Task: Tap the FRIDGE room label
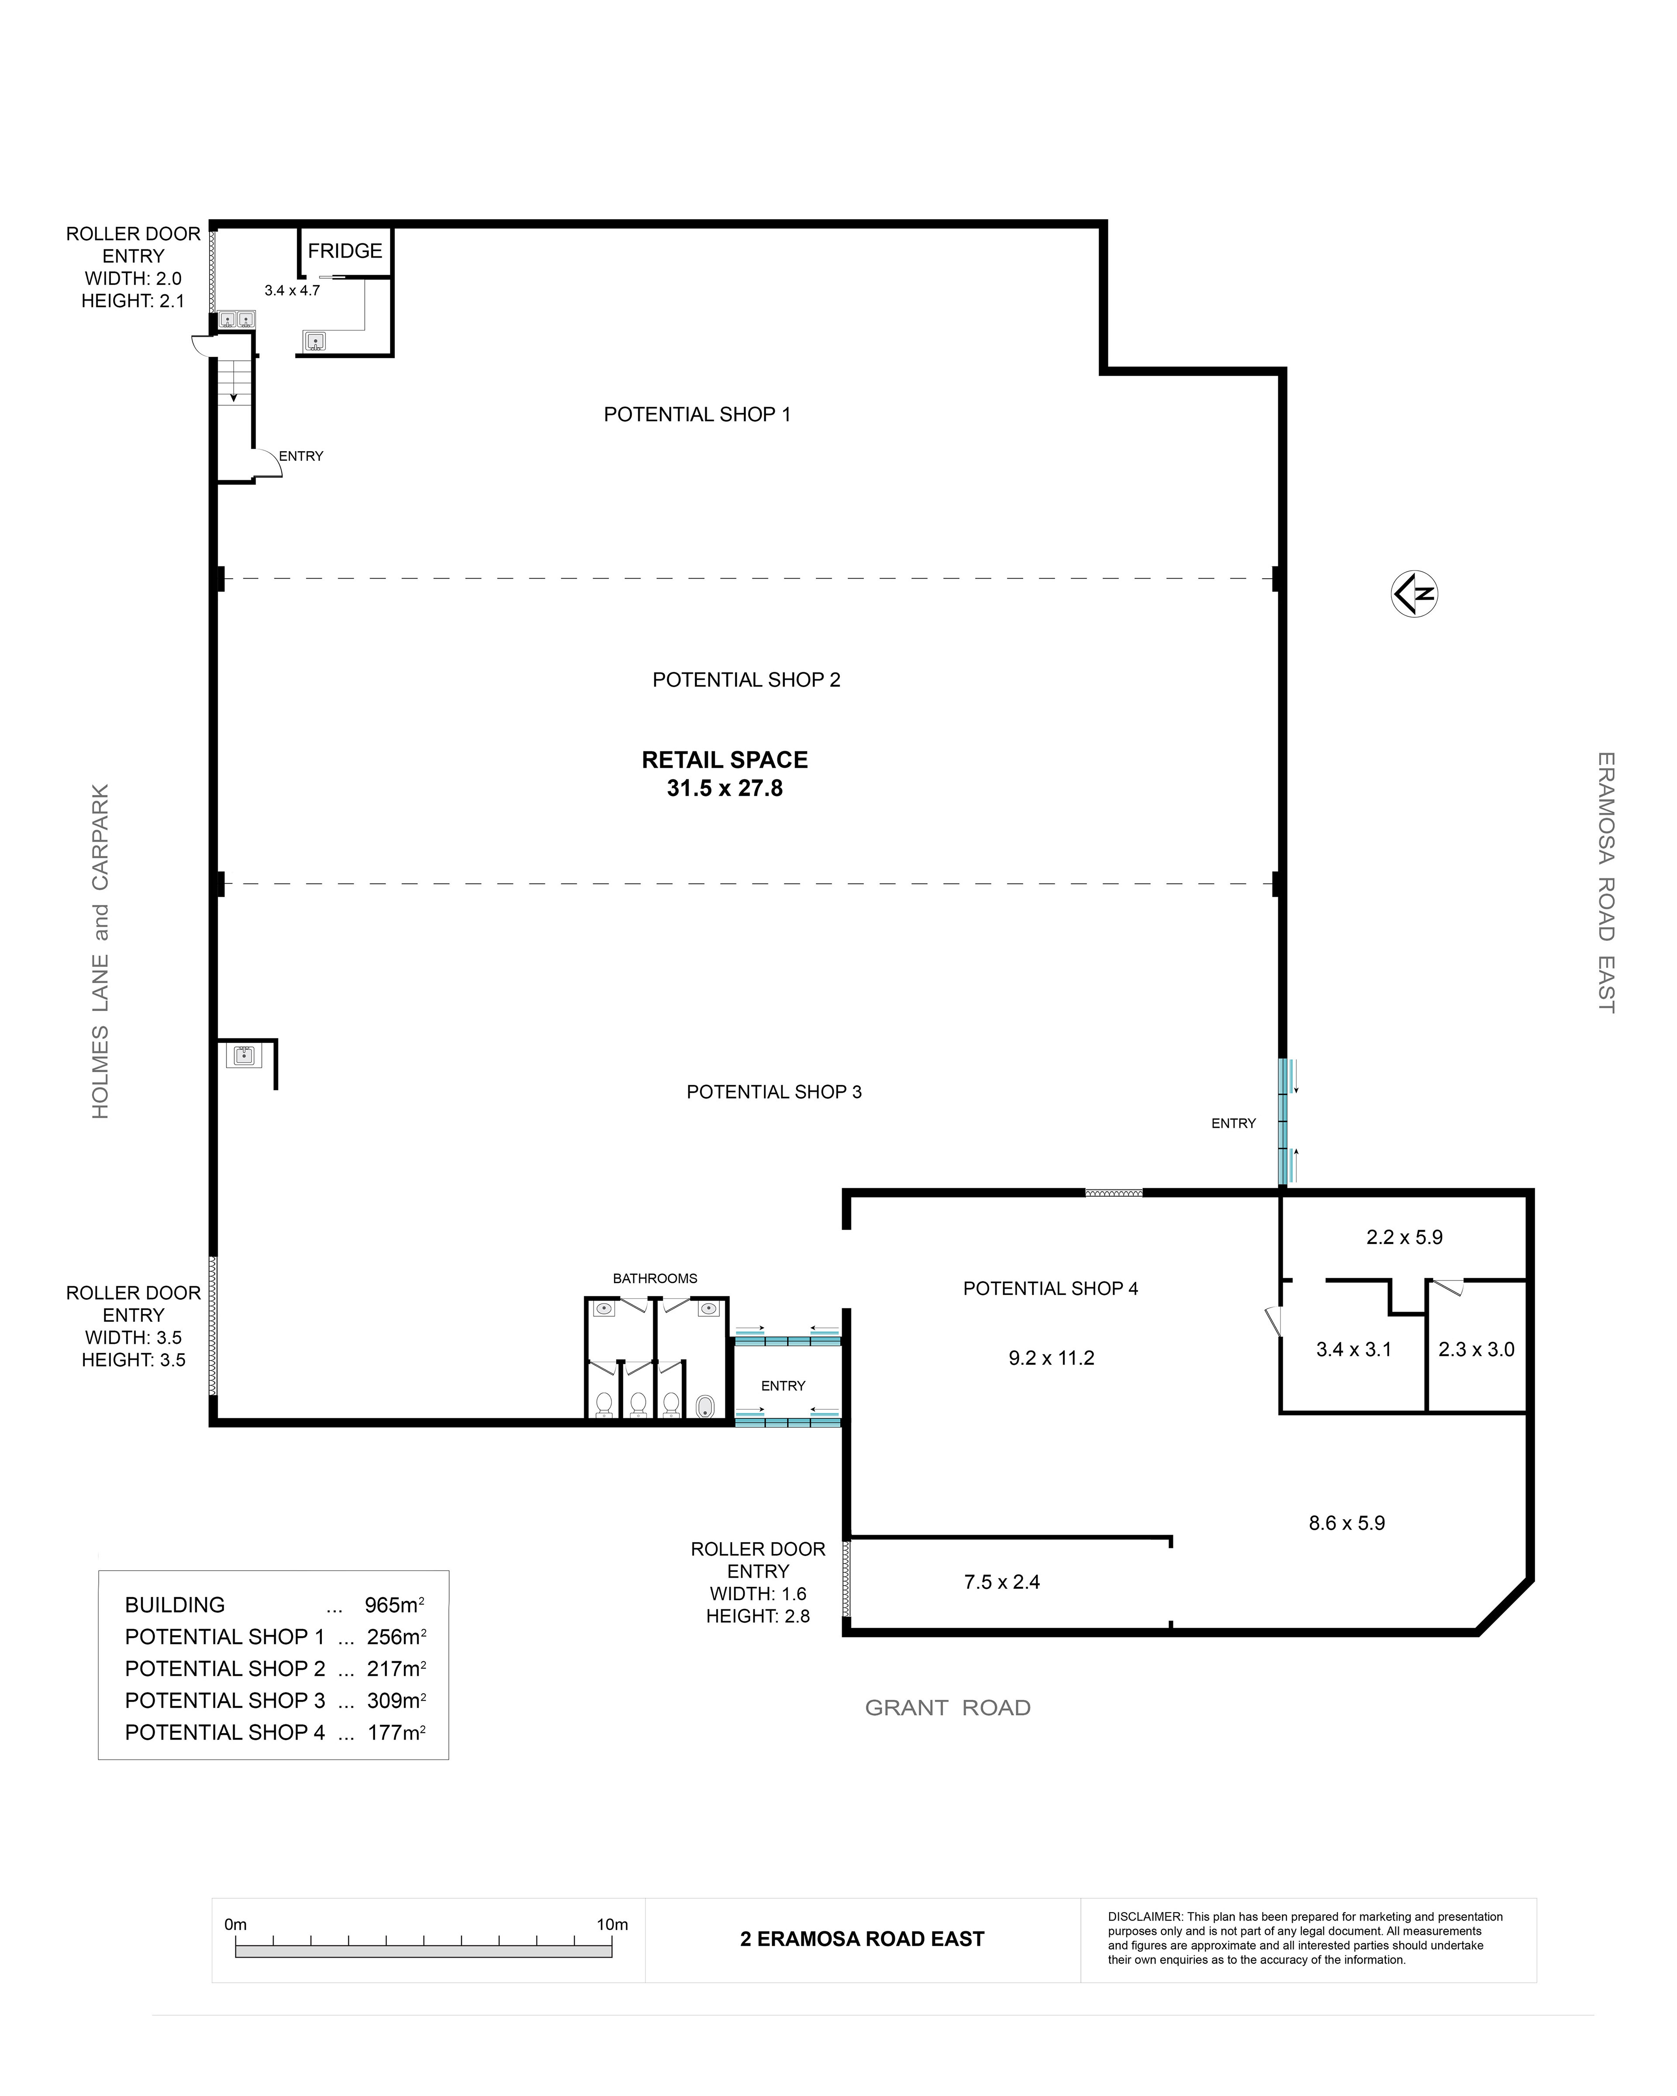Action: pos(345,251)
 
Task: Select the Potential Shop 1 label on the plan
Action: pos(697,414)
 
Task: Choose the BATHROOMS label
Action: pos(655,1278)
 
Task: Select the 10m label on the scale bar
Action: pos(612,1925)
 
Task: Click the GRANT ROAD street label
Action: pos(948,1708)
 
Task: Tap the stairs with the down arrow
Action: pos(233,381)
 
